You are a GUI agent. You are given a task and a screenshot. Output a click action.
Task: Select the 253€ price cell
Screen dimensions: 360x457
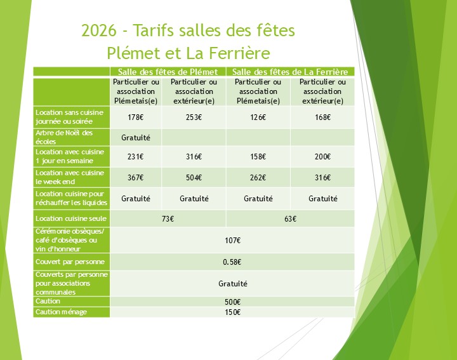coord(194,117)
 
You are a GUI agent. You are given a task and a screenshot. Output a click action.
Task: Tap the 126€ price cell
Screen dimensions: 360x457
coord(258,117)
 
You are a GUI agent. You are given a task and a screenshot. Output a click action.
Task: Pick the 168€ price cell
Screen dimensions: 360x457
coord(322,117)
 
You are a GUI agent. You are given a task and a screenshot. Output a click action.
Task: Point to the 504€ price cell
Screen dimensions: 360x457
coord(194,178)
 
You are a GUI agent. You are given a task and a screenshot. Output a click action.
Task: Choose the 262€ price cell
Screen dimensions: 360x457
coord(258,178)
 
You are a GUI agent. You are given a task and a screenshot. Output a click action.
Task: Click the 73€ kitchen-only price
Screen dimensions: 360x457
coord(168,219)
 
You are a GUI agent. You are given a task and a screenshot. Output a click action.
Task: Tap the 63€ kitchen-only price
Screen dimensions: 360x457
coord(291,219)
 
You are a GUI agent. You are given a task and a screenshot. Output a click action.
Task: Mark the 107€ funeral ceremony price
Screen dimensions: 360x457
coord(232,240)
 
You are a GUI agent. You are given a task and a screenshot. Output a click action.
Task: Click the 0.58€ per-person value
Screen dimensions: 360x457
coord(232,262)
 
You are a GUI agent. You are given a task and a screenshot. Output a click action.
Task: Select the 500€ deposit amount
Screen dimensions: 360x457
coord(232,302)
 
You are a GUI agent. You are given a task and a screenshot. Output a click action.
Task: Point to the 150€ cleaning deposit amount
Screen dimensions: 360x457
coord(232,312)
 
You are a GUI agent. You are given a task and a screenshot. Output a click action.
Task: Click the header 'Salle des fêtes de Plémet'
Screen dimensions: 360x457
coord(168,72)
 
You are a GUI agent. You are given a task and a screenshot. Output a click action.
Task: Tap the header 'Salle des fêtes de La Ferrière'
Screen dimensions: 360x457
coord(291,72)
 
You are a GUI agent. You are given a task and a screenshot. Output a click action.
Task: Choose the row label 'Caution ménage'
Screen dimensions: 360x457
coord(61,312)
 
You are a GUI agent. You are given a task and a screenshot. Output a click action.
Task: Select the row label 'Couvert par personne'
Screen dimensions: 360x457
coord(70,262)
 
